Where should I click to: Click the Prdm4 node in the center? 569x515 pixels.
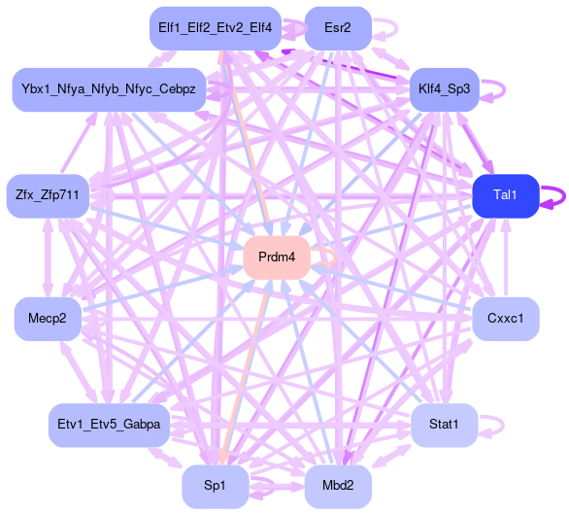tap(277, 257)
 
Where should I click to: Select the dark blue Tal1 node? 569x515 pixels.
tap(506, 195)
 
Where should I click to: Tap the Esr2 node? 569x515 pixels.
tap(338, 28)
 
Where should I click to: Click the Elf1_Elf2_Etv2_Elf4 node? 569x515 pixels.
tap(216, 28)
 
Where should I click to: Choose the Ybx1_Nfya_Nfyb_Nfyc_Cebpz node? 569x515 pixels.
tap(109, 89)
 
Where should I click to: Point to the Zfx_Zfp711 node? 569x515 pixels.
tap(48, 195)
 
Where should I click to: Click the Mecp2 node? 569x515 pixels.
tap(48, 319)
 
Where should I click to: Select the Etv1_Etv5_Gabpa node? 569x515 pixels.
tap(109, 425)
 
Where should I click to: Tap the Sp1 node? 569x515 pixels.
tap(216, 486)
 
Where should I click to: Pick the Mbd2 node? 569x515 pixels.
tap(338, 486)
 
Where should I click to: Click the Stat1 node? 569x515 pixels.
tap(444, 425)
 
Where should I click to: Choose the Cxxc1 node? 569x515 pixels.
tap(506, 319)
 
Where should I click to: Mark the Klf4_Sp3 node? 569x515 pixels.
tap(444, 89)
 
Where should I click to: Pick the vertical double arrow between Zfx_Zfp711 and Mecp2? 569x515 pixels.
tap(48, 257)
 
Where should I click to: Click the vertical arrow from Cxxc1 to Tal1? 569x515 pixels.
tap(506, 257)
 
